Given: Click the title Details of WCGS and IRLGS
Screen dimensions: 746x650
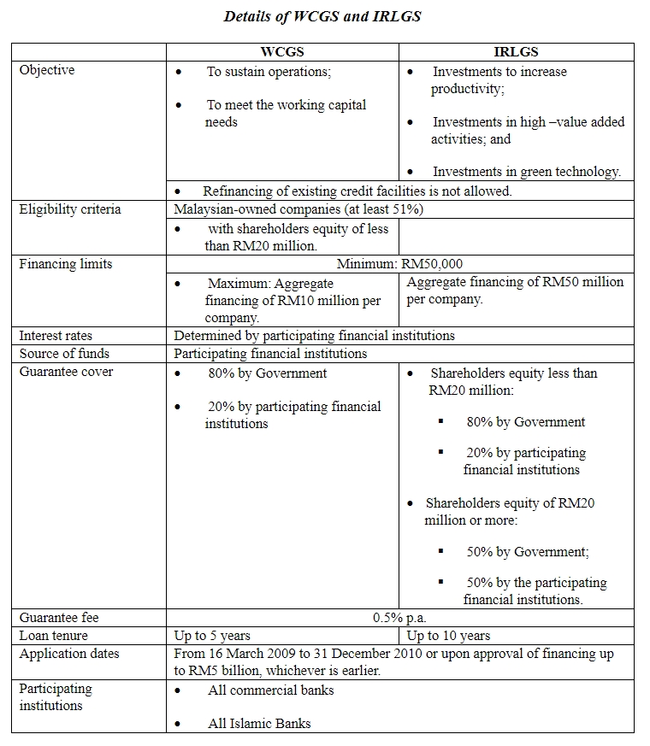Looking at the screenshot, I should pos(322,16).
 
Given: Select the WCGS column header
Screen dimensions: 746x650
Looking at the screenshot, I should pos(282,52).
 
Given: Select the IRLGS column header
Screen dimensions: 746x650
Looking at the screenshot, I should pos(516,52).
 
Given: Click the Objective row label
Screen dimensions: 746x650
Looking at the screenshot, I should pos(47,70).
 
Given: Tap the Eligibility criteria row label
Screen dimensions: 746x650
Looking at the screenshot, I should pos(70,209).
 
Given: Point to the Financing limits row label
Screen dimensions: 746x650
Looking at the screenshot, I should pos(66,264).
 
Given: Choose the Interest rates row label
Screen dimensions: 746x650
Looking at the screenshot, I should pos(56,336).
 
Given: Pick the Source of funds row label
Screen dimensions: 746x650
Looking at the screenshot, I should pos(64,353).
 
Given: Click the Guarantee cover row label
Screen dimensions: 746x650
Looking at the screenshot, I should pos(66,372).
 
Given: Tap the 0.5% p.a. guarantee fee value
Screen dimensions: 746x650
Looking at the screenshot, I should pos(399,617).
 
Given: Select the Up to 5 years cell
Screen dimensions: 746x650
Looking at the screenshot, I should pos(212,636).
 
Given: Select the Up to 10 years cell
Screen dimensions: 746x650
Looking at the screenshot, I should pos(448,636).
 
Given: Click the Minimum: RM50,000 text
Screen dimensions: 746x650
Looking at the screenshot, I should pos(399,264).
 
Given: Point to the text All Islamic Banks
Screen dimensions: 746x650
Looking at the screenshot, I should pos(259,723).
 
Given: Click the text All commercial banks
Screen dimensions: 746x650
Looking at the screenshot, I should pos(270,690).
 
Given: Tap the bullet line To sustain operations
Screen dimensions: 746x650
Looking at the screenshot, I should pos(269,72).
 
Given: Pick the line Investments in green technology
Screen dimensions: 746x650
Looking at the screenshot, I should pos(527,172).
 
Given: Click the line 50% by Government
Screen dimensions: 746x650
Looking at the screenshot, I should pos(528,552).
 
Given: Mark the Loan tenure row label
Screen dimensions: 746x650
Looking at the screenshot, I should pos(54,636).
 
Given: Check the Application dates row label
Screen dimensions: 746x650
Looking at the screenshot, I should pos(69,654).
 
